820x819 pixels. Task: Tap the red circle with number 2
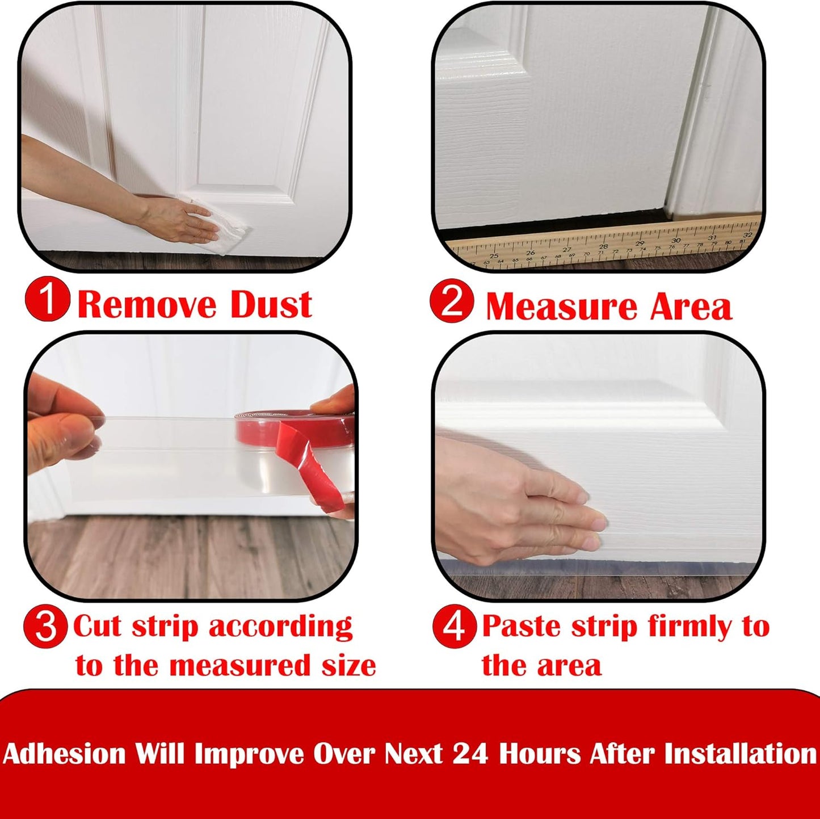point(452,301)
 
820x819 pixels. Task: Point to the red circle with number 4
point(454,627)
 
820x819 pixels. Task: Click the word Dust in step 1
point(271,305)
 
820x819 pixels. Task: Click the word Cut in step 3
point(97,627)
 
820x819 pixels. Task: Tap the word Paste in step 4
point(522,627)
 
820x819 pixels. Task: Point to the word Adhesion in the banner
point(64,754)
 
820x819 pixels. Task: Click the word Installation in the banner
point(740,754)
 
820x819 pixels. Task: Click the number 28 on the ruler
point(603,247)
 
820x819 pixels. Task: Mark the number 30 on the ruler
point(675,241)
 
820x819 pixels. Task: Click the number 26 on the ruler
point(530,253)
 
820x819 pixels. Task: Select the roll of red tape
point(301,437)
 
